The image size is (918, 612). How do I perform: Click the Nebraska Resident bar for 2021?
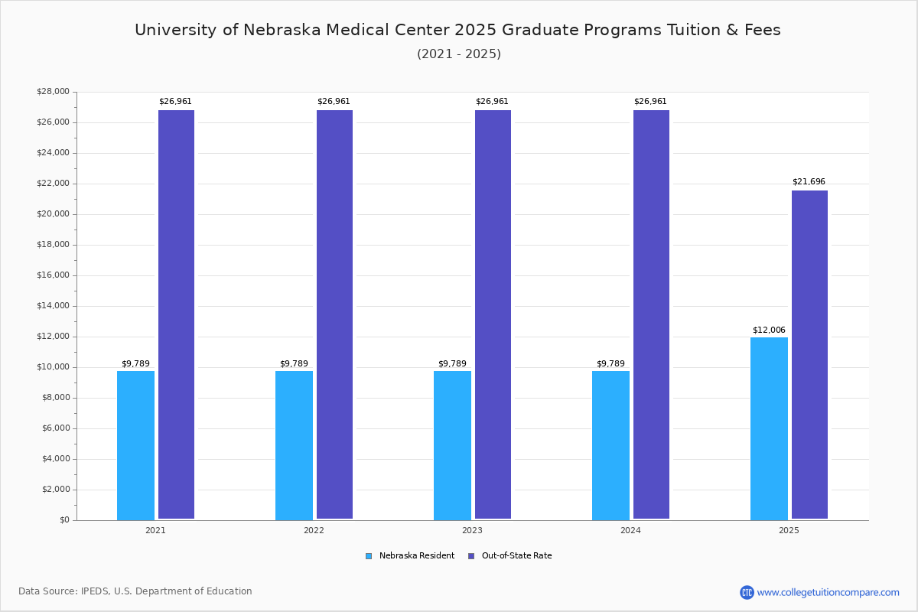tap(135, 445)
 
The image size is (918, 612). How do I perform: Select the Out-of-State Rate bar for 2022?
tap(334, 314)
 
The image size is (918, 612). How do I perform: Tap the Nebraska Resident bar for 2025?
tap(769, 428)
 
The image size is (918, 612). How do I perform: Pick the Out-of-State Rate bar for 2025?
tap(809, 355)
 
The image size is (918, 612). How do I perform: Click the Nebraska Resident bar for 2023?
tap(452, 445)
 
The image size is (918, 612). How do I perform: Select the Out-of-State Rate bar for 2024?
tap(651, 314)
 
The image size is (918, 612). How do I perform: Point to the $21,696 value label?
tap(809, 181)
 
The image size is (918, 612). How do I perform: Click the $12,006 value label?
tap(769, 330)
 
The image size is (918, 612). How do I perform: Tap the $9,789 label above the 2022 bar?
tap(294, 363)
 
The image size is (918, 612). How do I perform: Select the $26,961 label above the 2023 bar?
tap(492, 101)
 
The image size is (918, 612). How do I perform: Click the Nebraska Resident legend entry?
tap(410, 556)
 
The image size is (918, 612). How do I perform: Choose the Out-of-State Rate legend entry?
tap(510, 556)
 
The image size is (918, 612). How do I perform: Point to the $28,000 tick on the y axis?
tap(53, 92)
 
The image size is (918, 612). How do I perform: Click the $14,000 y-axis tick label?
tap(53, 306)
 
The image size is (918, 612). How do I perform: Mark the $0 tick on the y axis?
tap(63, 520)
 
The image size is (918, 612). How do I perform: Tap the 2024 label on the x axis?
tap(630, 530)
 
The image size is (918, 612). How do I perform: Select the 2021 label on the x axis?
tap(155, 530)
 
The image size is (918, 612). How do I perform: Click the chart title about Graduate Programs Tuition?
tap(457, 30)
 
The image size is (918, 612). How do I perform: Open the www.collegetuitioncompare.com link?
tap(828, 592)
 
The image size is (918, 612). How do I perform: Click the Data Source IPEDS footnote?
tap(135, 591)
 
